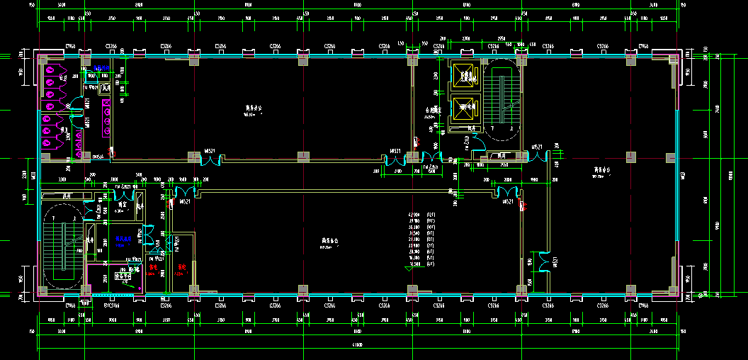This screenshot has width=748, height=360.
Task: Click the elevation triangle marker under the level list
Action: pos(409,268)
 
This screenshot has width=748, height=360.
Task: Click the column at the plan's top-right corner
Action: pos(671,60)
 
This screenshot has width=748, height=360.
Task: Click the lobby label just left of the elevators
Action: pos(433,111)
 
